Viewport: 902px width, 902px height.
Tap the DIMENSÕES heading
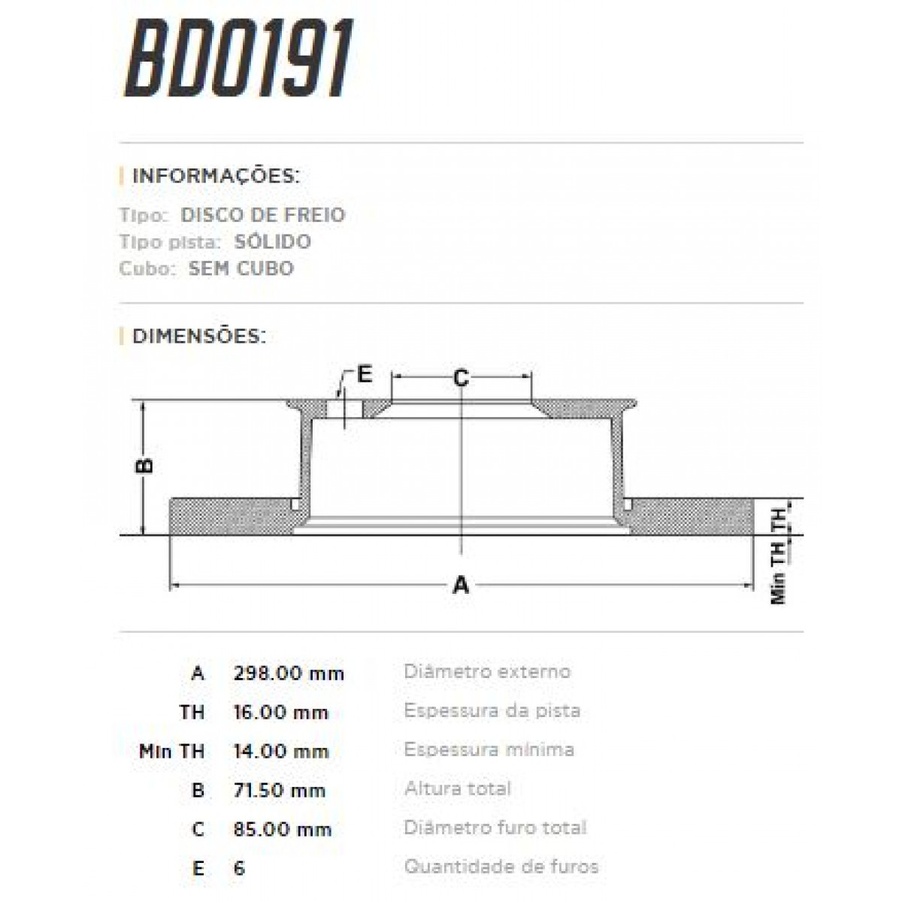199,335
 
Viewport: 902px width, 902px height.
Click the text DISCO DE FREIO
262,215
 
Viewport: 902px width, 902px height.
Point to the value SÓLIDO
271,242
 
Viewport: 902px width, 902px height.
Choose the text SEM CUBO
241,268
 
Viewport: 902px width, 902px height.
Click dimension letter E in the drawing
365,374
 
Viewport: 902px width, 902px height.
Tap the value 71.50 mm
280,790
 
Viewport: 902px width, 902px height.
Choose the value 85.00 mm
283,829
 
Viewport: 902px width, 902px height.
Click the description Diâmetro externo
487,671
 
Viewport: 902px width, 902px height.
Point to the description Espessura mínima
489,749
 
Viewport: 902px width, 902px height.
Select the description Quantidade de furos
501,867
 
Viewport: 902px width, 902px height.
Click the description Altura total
457,788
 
